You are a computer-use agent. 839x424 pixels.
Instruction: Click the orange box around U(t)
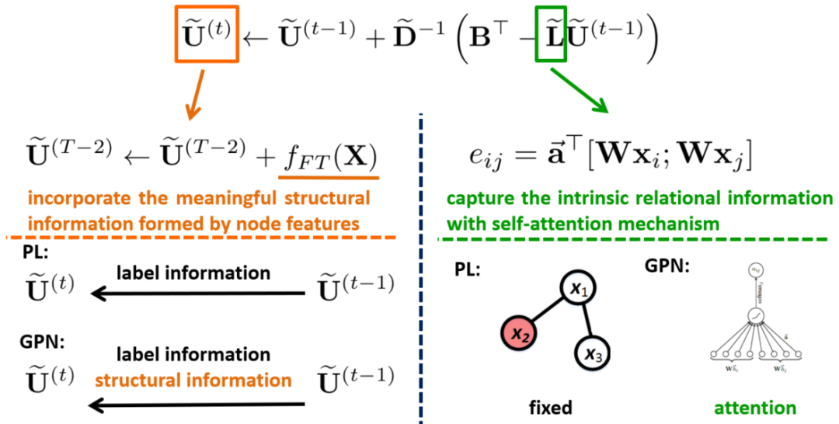(x=204, y=36)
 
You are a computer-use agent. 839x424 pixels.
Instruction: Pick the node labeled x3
(x=594, y=356)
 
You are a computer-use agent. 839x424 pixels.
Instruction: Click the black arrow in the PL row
(x=197, y=293)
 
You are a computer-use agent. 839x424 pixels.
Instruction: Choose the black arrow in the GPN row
(x=197, y=403)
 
